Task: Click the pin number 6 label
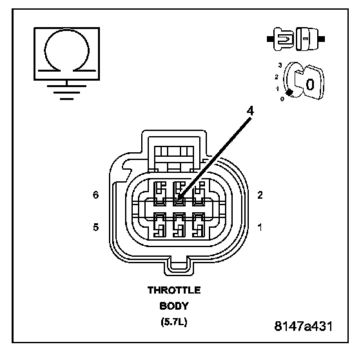pyautogui.click(x=96, y=195)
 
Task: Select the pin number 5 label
pyautogui.click(x=96, y=227)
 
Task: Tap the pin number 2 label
pyautogui.click(x=260, y=195)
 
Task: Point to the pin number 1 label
pyautogui.click(x=260, y=228)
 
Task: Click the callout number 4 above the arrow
pyautogui.click(x=250, y=111)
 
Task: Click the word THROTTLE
pyautogui.click(x=174, y=290)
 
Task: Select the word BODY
pyautogui.click(x=174, y=306)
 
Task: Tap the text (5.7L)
pyautogui.click(x=174, y=321)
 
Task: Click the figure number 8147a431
pyautogui.click(x=304, y=326)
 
